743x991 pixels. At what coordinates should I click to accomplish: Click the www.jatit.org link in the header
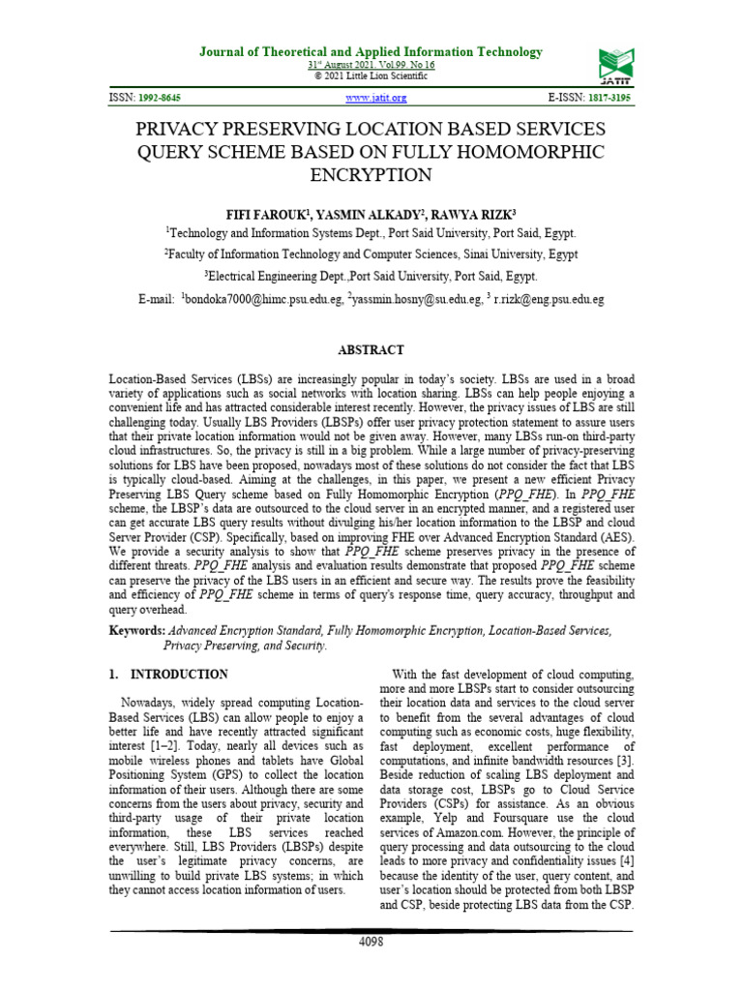[x=376, y=99]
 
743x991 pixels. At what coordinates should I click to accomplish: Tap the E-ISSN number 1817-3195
[x=607, y=99]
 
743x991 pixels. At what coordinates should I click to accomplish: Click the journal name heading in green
[x=371, y=52]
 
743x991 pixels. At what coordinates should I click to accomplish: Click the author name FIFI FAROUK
[x=263, y=214]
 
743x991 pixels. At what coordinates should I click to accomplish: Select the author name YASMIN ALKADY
[x=364, y=214]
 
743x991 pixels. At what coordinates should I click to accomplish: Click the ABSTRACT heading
[x=371, y=350]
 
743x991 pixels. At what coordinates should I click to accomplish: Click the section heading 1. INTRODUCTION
[x=167, y=675]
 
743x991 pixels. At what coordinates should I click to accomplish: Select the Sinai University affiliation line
[x=371, y=255]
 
